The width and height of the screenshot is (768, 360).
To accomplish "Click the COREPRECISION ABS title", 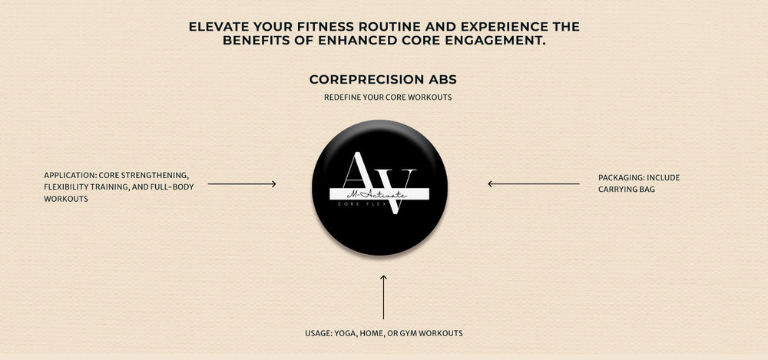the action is [383, 79].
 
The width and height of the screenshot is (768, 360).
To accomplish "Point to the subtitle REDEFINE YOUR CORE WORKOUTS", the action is [388, 97].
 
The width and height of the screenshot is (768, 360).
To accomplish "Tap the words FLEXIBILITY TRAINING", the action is [86, 187].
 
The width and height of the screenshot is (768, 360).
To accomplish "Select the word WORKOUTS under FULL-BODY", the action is [66, 199].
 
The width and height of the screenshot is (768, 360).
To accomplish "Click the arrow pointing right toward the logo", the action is [242, 184].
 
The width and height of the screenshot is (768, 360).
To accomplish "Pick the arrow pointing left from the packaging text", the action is [534, 184].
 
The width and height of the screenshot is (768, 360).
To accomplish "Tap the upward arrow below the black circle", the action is [383, 297].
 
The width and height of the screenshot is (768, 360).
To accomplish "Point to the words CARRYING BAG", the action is [627, 189].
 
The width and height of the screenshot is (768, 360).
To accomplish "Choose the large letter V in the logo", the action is [397, 191].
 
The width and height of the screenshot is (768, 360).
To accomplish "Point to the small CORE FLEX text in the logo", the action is [362, 203].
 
